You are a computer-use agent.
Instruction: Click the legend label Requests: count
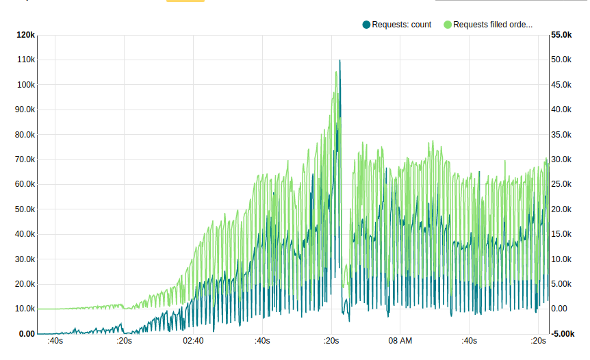[401, 25]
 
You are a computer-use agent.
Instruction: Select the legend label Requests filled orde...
[493, 25]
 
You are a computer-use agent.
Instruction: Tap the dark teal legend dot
[366, 25]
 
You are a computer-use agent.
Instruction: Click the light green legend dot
[448, 25]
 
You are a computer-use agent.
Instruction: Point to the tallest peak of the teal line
[339, 60]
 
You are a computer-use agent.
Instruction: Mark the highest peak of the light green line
[336, 72]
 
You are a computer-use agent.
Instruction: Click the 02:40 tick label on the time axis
[193, 341]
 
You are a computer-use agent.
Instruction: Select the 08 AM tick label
[400, 341]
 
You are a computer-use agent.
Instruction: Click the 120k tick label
[26, 35]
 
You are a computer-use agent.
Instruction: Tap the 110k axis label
[26, 60]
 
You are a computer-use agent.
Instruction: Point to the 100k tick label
[26, 85]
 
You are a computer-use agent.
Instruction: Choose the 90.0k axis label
[25, 110]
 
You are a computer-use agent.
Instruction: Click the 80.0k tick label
[25, 135]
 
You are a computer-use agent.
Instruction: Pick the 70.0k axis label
[25, 159]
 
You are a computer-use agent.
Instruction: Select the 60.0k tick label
[25, 185]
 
